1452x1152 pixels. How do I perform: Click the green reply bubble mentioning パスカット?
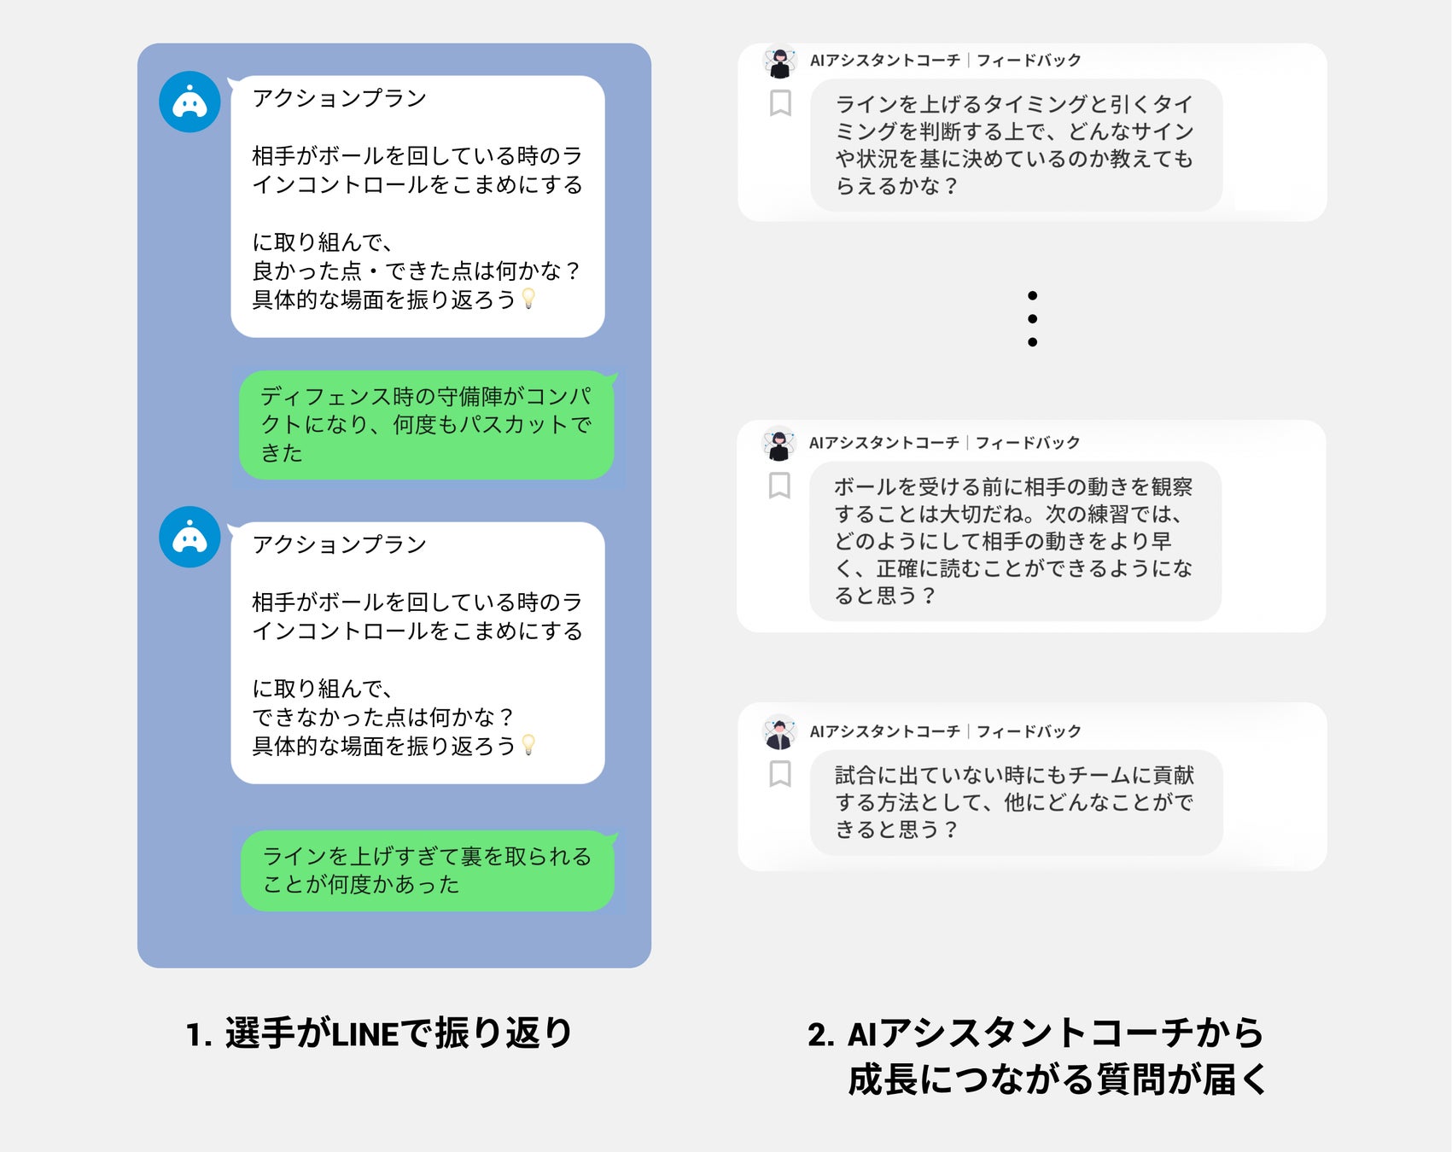tap(426, 425)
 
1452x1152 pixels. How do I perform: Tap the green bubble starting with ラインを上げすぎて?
tap(427, 870)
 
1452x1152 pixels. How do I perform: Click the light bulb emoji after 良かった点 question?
tap(528, 299)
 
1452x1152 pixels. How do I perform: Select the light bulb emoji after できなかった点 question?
tap(528, 745)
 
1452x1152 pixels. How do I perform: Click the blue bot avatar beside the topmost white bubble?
tap(190, 102)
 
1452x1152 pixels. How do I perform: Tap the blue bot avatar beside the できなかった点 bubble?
tap(190, 537)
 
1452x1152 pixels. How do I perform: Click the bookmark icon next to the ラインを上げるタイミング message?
tap(780, 103)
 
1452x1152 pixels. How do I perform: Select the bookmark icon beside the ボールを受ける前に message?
tap(779, 486)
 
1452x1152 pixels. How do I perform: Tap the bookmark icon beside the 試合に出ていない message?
tap(780, 774)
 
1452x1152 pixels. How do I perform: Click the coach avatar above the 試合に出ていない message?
tap(779, 732)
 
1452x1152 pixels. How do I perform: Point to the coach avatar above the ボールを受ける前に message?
tap(778, 444)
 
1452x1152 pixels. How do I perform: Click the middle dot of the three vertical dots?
tap(1032, 319)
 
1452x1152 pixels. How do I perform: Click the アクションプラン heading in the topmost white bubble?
tap(339, 98)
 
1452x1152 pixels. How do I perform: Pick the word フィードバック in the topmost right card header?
tap(1029, 61)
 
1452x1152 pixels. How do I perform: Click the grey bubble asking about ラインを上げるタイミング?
tap(1016, 145)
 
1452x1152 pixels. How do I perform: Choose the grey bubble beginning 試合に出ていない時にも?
tap(1016, 802)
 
